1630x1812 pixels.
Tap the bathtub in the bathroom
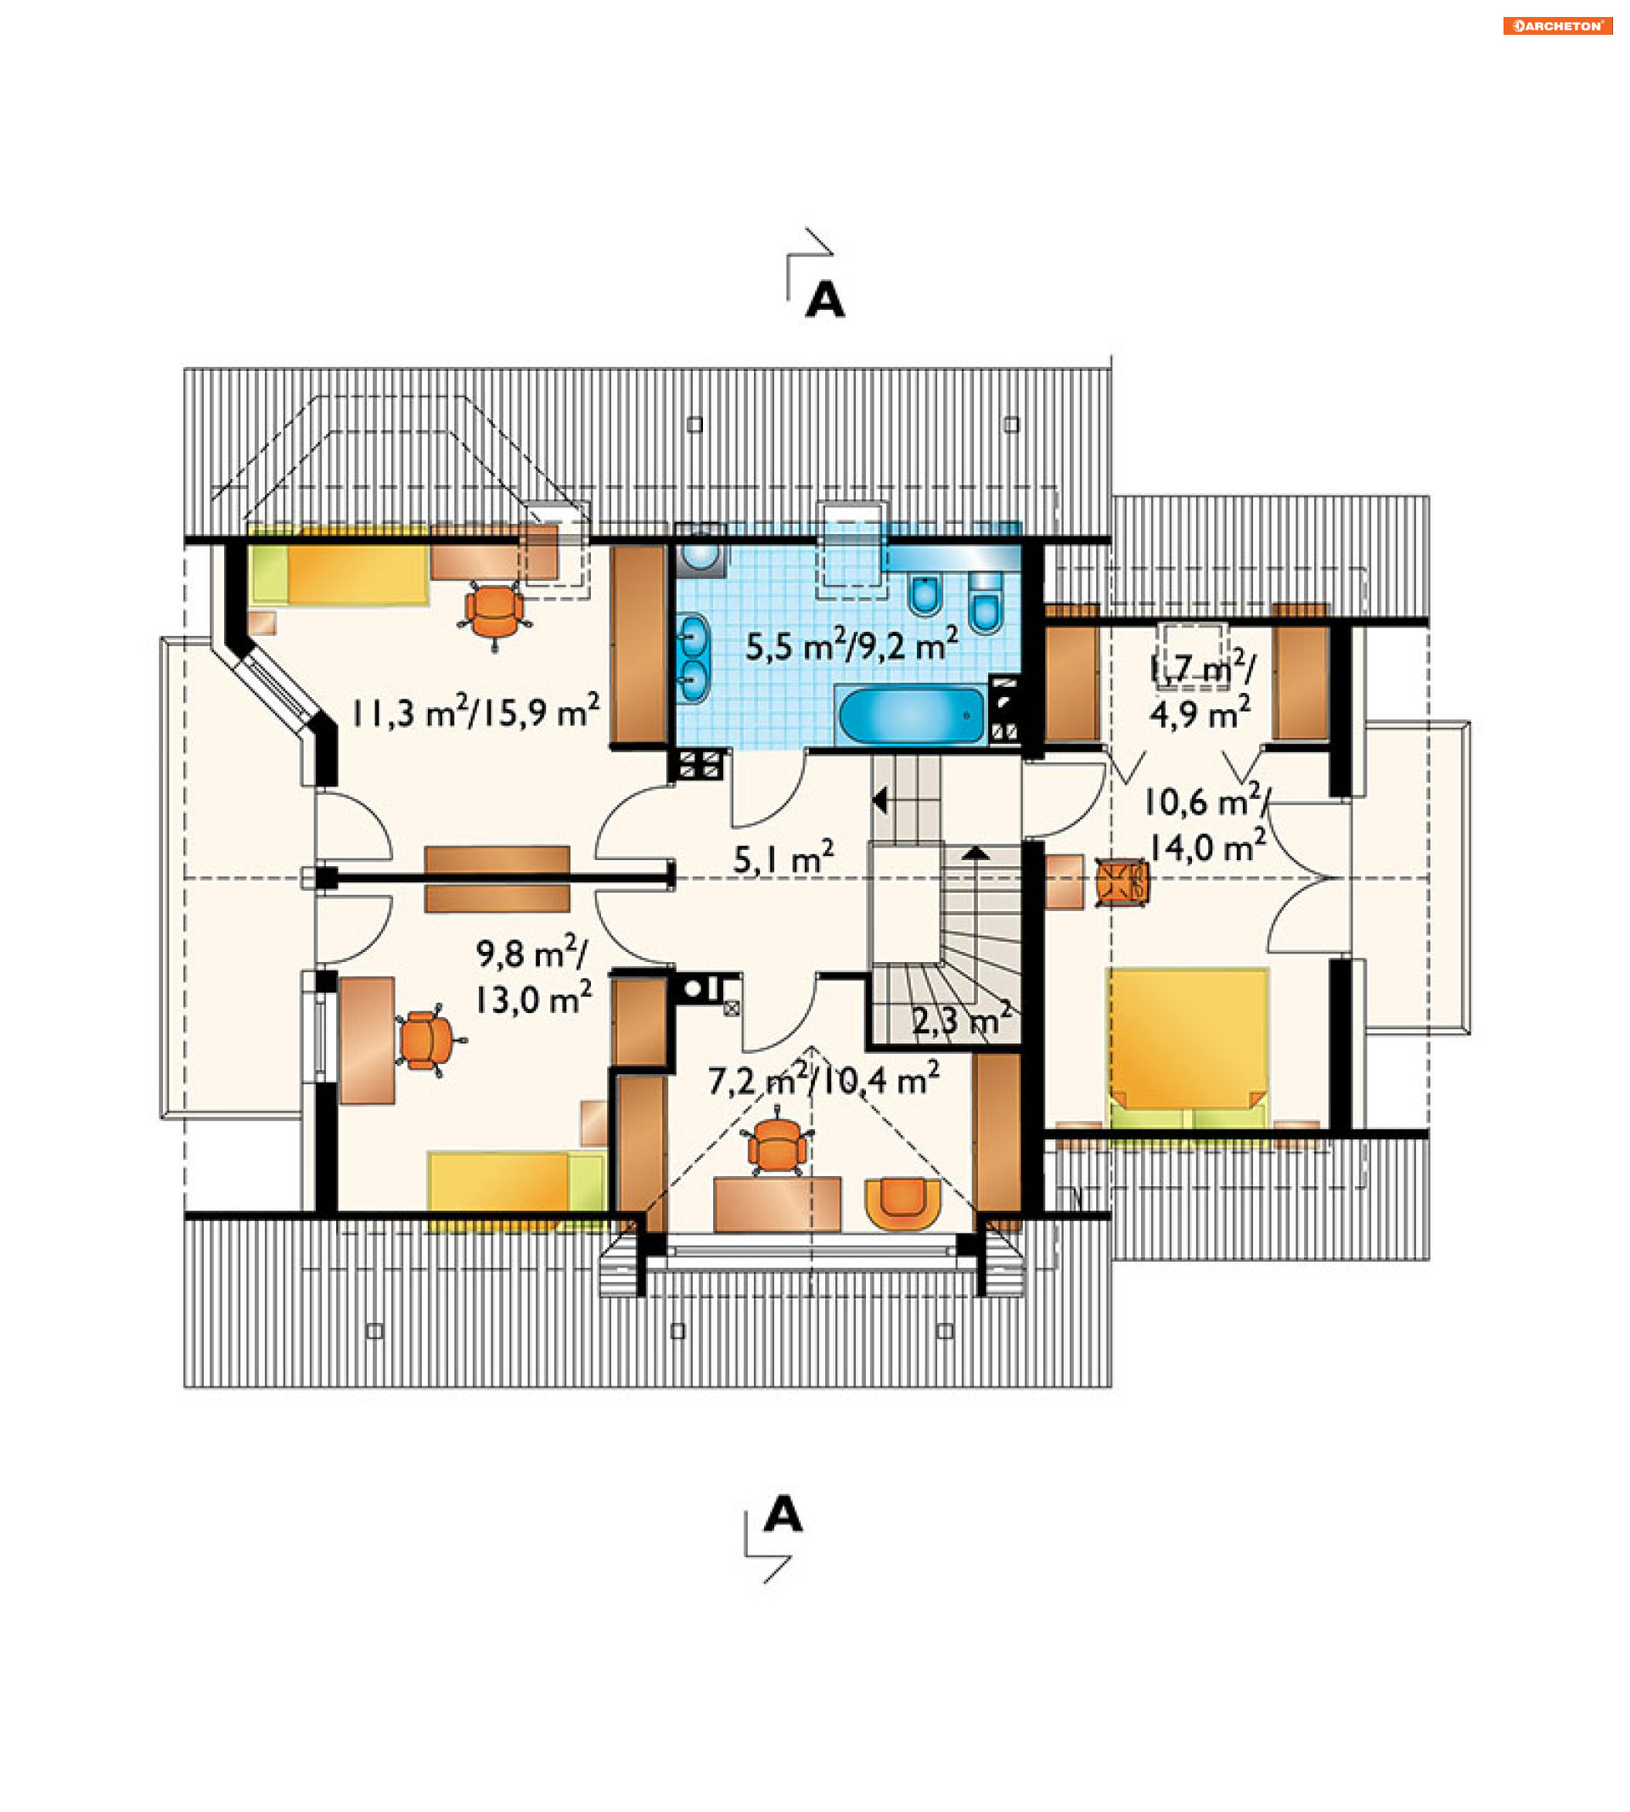tap(911, 715)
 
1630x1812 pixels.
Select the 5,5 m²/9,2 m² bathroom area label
tap(852, 645)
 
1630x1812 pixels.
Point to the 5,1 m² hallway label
tap(784, 858)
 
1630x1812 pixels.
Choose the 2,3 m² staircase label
tap(962, 1019)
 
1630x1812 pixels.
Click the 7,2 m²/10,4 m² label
tap(824, 1079)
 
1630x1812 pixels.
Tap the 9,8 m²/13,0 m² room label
tap(534, 976)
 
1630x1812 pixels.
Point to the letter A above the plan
tap(825, 300)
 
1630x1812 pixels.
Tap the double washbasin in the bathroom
tap(694, 658)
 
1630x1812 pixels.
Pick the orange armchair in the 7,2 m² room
tap(902, 1203)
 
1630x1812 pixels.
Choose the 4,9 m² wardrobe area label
tap(1200, 716)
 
